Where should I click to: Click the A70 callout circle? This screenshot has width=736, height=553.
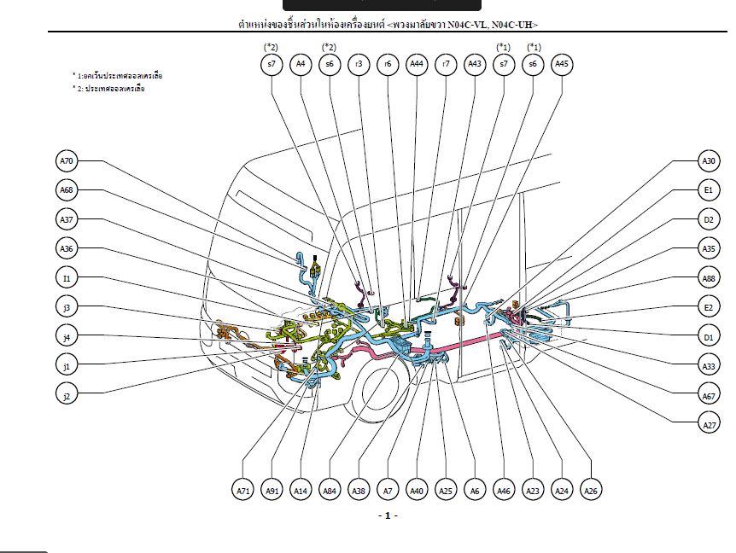click(67, 160)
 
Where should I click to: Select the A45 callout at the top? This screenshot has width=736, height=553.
click(562, 63)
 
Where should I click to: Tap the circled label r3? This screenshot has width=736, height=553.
click(359, 63)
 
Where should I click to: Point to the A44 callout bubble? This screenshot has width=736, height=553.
click(416, 63)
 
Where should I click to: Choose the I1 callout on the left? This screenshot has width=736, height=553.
click(67, 277)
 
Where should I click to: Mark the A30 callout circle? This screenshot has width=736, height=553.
click(708, 160)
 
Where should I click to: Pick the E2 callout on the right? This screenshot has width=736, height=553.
click(708, 307)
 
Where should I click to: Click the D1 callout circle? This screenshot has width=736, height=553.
click(708, 337)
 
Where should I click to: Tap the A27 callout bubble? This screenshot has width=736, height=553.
click(708, 423)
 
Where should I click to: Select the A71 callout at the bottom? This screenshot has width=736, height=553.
click(243, 490)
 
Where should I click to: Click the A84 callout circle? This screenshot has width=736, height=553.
click(330, 490)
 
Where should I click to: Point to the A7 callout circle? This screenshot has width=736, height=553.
click(388, 490)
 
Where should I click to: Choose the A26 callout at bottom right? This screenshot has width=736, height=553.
click(590, 490)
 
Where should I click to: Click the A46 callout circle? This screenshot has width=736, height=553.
click(504, 490)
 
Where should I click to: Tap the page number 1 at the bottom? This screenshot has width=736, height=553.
click(388, 515)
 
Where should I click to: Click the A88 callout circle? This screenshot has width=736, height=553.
click(708, 278)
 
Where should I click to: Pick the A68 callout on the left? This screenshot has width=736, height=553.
click(67, 189)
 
